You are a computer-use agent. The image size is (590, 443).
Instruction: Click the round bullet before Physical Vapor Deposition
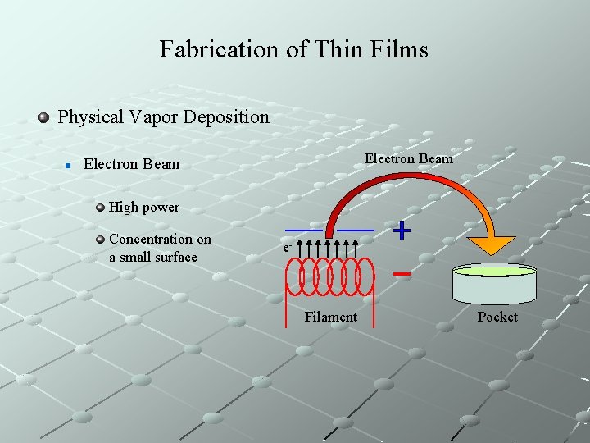[44, 116]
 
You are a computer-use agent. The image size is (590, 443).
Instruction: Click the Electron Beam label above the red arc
[408, 158]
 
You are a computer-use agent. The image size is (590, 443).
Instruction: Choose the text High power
[143, 207]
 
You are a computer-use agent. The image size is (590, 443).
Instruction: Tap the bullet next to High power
[100, 207]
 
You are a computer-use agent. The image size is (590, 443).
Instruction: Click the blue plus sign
[402, 231]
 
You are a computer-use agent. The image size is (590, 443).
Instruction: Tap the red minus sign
[402, 274]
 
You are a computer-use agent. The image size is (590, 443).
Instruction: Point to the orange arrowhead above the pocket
[492, 245]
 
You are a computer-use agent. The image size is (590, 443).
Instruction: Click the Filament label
[330, 317]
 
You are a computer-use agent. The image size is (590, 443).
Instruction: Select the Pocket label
[497, 317]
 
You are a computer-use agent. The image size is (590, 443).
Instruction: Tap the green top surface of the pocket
[495, 271]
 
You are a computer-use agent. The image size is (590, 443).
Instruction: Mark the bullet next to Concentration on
[100, 240]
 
